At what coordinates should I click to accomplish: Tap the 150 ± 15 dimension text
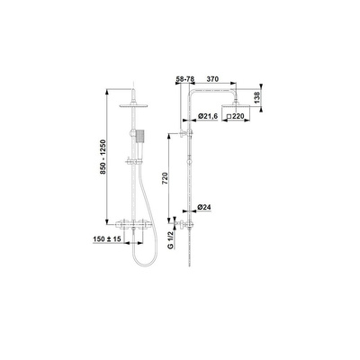(x=107, y=239)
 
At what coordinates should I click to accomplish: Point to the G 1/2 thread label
(x=171, y=240)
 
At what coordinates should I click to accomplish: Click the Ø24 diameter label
(x=204, y=207)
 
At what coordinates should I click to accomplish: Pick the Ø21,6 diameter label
(x=207, y=116)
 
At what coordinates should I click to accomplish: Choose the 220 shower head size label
(x=238, y=116)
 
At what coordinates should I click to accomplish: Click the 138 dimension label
(x=256, y=98)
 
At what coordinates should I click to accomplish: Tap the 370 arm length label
(x=212, y=79)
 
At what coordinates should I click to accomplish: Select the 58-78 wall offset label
(x=185, y=79)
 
